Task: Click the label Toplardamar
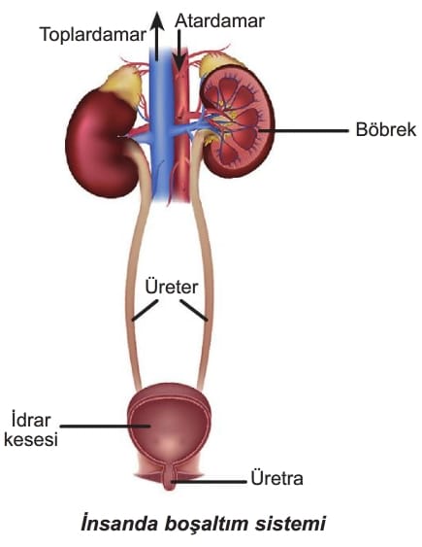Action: point(93,36)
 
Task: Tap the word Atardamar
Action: point(219,20)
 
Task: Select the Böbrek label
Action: point(386,130)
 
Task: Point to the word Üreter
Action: point(172,288)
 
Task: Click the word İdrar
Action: point(31,420)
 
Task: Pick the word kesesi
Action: point(31,439)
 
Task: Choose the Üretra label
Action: point(276,478)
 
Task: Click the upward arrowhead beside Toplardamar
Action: point(157,20)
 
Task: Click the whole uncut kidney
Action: point(101,143)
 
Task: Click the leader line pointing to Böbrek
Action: point(303,131)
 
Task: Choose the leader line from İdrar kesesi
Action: point(105,426)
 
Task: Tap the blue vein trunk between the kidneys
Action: point(160,125)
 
